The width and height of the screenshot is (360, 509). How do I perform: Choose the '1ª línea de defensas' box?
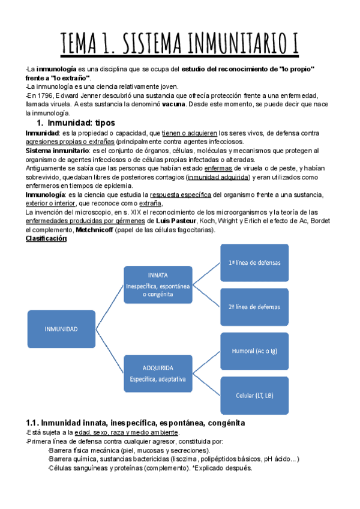[x=254, y=264]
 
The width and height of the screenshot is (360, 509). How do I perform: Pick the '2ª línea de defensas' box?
[x=254, y=307]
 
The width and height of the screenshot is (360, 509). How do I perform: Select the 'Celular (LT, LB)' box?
[x=254, y=395]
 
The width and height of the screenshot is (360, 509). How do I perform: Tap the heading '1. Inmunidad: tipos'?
[x=73, y=123]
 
